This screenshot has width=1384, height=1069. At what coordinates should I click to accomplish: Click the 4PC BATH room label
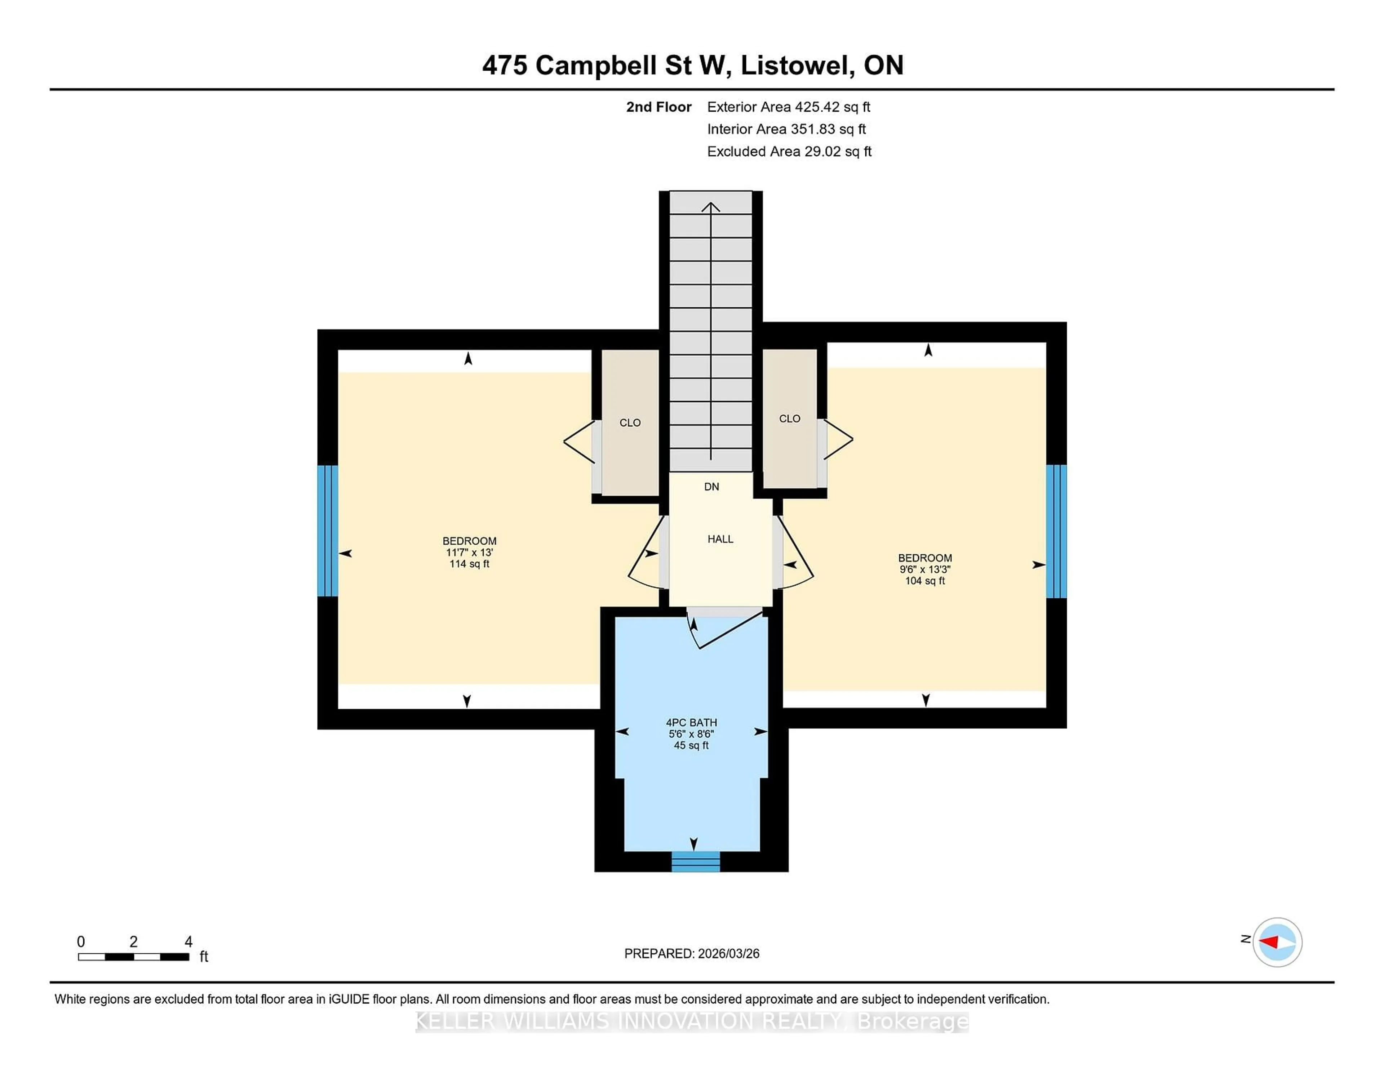691,723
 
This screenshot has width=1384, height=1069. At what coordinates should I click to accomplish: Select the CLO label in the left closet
630,422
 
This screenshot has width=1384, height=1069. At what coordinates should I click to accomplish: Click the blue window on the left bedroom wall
328,531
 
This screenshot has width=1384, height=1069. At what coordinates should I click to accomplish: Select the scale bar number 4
188,942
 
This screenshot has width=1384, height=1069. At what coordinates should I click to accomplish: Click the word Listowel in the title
795,65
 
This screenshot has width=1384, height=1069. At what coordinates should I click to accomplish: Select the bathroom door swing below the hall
722,630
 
